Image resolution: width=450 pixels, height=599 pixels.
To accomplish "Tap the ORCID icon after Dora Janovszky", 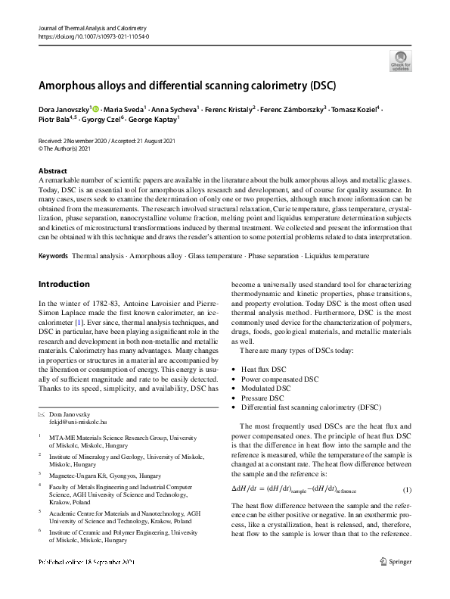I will click(x=95, y=110).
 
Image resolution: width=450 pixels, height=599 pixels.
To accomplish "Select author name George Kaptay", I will click(x=152, y=120).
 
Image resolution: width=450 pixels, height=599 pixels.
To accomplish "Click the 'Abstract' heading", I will click(x=52, y=171).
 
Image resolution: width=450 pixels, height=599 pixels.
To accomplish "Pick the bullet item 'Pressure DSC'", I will click(x=262, y=398).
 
